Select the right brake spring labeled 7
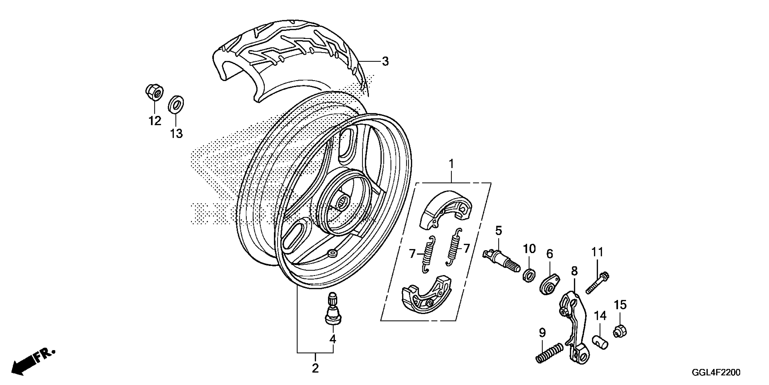pyautogui.click(x=453, y=247)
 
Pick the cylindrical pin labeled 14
pyautogui.click(x=600, y=342)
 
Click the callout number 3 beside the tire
pyautogui.click(x=385, y=62)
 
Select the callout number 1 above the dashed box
pyautogui.click(x=451, y=164)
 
